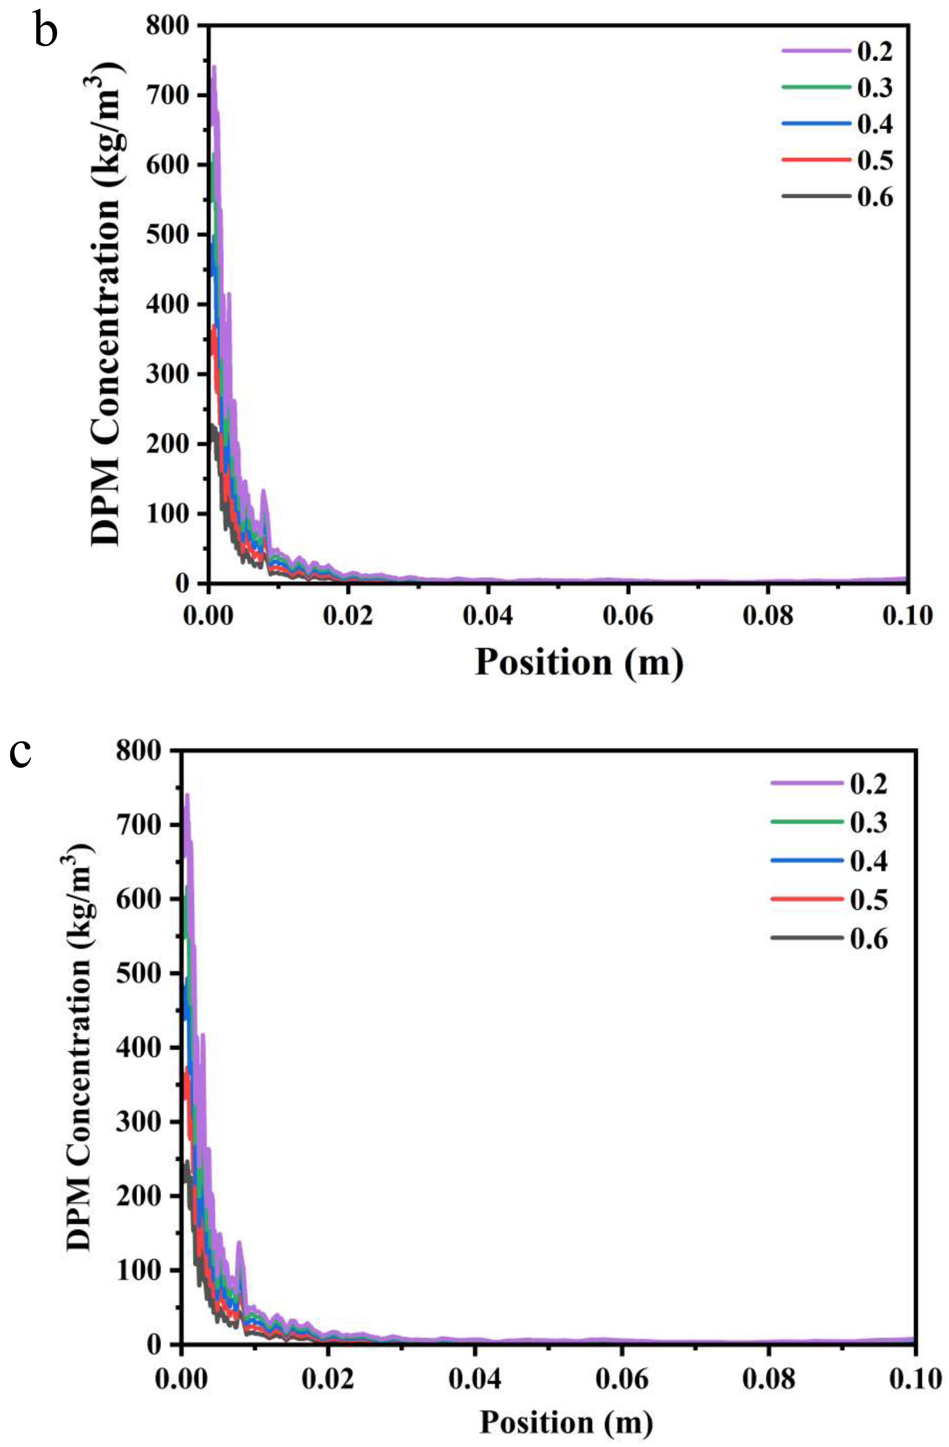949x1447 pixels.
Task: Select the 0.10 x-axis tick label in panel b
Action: [906, 616]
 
